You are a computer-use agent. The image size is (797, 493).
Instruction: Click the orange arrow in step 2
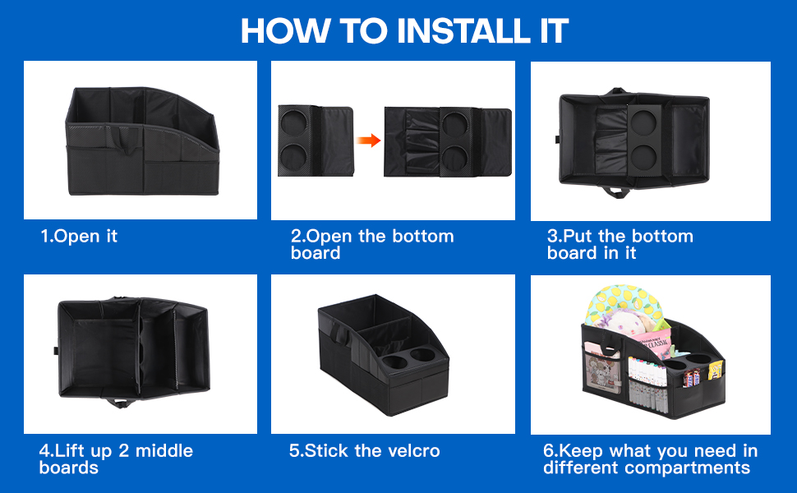tap(370, 141)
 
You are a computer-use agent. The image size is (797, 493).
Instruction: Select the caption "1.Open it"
tap(79, 237)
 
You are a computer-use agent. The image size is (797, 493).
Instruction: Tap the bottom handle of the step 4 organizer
tap(124, 403)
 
